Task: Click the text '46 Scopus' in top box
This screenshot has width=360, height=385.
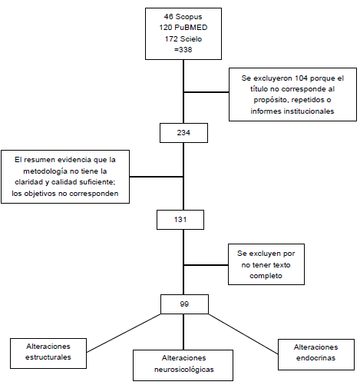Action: pyautogui.click(x=182, y=15)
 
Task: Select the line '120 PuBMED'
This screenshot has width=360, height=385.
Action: pyautogui.click(x=182, y=25)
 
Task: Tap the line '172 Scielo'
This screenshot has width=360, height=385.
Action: pyautogui.click(x=182, y=35)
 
